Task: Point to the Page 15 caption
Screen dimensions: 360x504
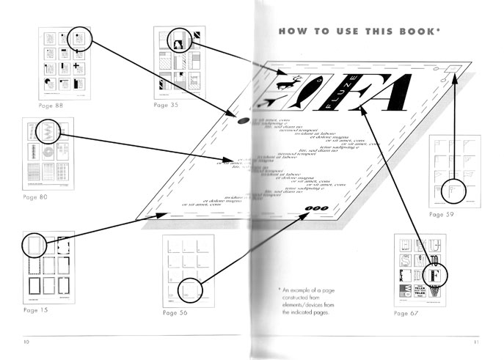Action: pos(35,310)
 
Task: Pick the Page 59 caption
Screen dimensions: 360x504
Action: pos(441,215)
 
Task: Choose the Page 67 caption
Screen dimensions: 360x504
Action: pos(409,313)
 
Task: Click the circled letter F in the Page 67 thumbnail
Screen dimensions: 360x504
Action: pos(434,275)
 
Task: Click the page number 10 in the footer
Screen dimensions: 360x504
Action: pos(26,342)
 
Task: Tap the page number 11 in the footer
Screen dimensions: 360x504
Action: pos(476,342)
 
